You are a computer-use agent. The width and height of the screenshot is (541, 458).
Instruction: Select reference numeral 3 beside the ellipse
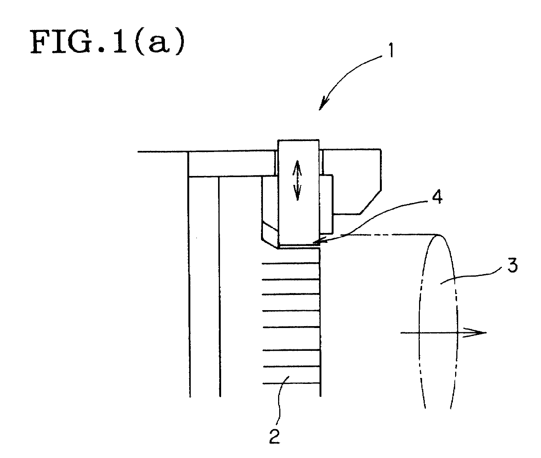pos(512,265)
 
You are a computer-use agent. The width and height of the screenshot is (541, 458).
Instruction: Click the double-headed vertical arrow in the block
pos(297,180)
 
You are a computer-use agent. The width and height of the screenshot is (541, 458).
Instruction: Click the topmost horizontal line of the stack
pos(291,263)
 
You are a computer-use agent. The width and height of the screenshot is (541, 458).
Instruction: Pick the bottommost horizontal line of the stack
pos(291,384)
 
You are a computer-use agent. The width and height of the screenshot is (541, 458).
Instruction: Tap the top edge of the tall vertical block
pos(298,140)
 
